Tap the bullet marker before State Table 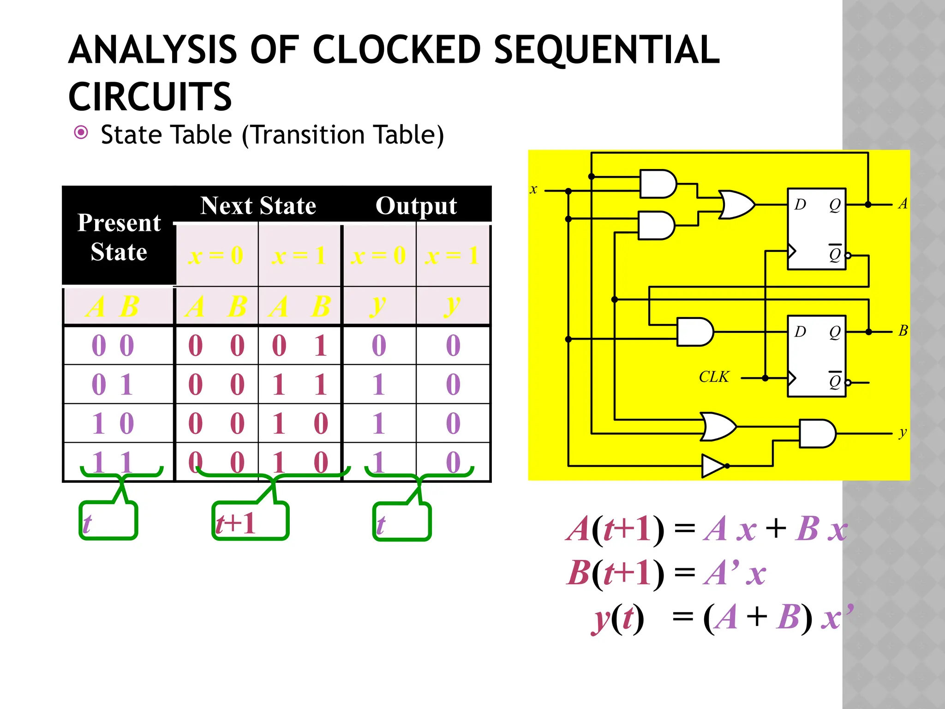point(81,133)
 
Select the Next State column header point(258,205)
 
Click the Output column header point(416,205)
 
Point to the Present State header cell point(119,237)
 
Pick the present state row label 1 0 point(113,423)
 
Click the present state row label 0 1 point(113,384)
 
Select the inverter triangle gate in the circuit point(713,466)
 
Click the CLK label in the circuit point(713,377)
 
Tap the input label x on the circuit point(533,189)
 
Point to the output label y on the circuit point(903,433)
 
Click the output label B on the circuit point(903,330)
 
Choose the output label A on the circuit point(903,203)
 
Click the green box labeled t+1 point(250,521)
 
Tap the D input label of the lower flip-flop point(800,331)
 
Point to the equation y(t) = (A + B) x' point(722,618)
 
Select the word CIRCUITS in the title point(150,97)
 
